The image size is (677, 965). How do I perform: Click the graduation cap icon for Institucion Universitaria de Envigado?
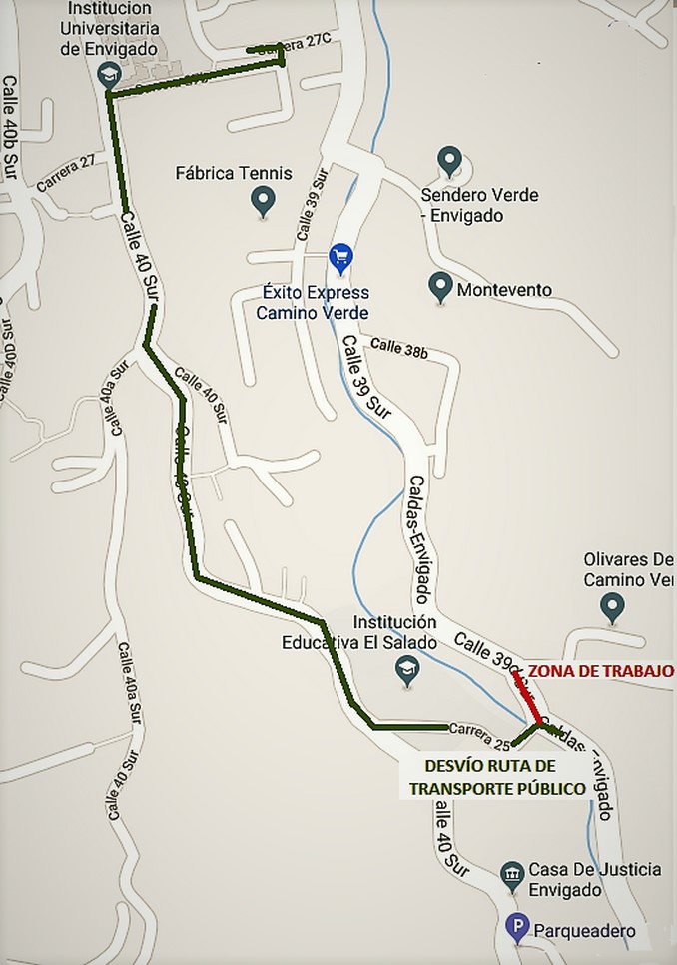click(x=108, y=74)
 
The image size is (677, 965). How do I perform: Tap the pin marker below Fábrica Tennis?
click(x=263, y=201)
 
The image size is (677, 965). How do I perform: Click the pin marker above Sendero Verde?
click(x=450, y=160)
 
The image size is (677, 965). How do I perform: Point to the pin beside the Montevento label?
click(x=439, y=288)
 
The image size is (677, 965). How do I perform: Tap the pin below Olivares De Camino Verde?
click(x=612, y=605)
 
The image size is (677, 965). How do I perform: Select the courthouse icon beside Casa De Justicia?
click(x=512, y=876)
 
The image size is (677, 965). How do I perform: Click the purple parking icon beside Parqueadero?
click(x=517, y=929)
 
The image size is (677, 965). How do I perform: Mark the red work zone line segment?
click(x=526, y=695)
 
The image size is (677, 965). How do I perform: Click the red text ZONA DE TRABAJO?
click(x=600, y=671)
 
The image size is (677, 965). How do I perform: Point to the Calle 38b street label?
click(x=399, y=349)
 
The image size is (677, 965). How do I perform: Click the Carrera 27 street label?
click(x=66, y=172)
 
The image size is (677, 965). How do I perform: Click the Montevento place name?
click(x=504, y=290)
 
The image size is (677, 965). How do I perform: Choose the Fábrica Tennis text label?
click(x=234, y=173)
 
